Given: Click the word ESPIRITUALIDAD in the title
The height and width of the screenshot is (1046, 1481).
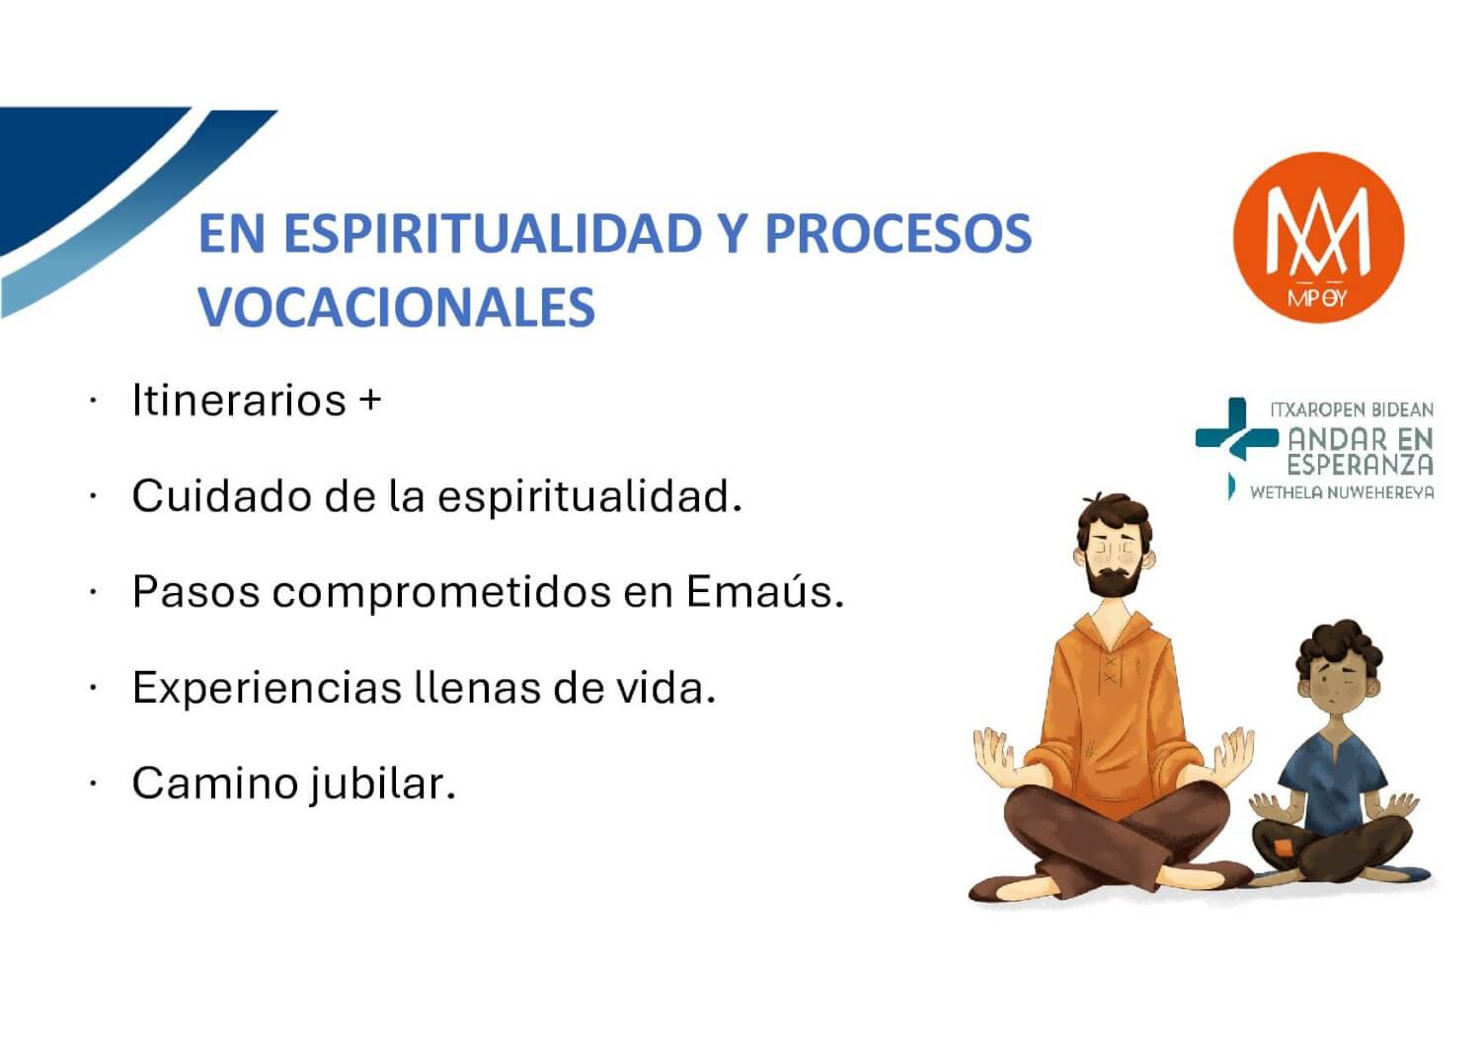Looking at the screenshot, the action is pyautogui.click(x=493, y=233).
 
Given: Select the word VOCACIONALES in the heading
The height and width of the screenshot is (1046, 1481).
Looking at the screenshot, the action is pyautogui.click(x=397, y=307).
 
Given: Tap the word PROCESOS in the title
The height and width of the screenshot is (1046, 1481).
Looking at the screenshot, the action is pyautogui.click(x=897, y=233).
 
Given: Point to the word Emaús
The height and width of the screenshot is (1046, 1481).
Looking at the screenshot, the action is pyautogui.click(x=765, y=591).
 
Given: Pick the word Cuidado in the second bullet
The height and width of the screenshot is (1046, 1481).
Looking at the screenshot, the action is pyautogui.click(x=222, y=495).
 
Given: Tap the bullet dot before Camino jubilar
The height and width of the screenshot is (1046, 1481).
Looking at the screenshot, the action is pyautogui.click(x=93, y=783).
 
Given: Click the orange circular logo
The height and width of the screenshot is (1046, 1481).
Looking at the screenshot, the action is pyautogui.click(x=1318, y=238).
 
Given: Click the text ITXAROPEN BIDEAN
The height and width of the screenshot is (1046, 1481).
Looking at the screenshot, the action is pyautogui.click(x=1352, y=411).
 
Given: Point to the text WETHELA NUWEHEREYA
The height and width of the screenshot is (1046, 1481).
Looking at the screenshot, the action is pyautogui.click(x=1342, y=492).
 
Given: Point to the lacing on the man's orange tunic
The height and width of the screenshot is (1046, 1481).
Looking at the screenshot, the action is pyautogui.click(x=1110, y=668).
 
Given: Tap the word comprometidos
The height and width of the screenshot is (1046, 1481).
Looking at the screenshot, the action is pyautogui.click(x=441, y=592).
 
